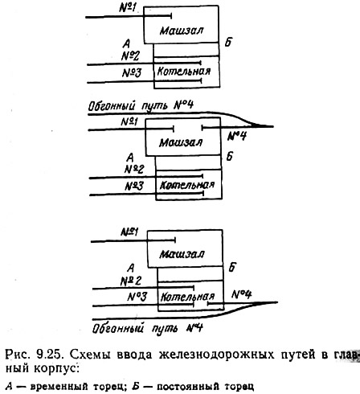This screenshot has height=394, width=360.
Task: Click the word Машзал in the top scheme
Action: click(x=182, y=31)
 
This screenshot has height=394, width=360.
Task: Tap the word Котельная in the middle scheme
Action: click(x=187, y=185)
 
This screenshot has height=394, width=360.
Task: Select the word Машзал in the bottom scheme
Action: click(x=182, y=254)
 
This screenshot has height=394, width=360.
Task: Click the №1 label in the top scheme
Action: click(x=128, y=8)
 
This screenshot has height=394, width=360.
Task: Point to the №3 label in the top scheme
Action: click(x=132, y=72)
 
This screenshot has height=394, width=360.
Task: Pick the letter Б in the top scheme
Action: click(x=228, y=42)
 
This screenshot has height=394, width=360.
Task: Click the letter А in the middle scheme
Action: click(x=130, y=158)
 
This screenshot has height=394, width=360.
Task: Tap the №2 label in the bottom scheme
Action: click(x=130, y=281)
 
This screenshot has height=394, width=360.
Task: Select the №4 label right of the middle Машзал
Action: click(x=237, y=137)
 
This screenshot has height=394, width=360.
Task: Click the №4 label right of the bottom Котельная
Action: click(x=241, y=294)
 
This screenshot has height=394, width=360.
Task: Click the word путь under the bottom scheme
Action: click(x=165, y=328)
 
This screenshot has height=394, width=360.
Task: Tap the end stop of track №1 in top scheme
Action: click(x=171, y=16)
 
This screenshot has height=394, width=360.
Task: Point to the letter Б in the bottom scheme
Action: click(x=232, y=268)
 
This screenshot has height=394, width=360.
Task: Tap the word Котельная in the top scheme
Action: click(x=184, y=72)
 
